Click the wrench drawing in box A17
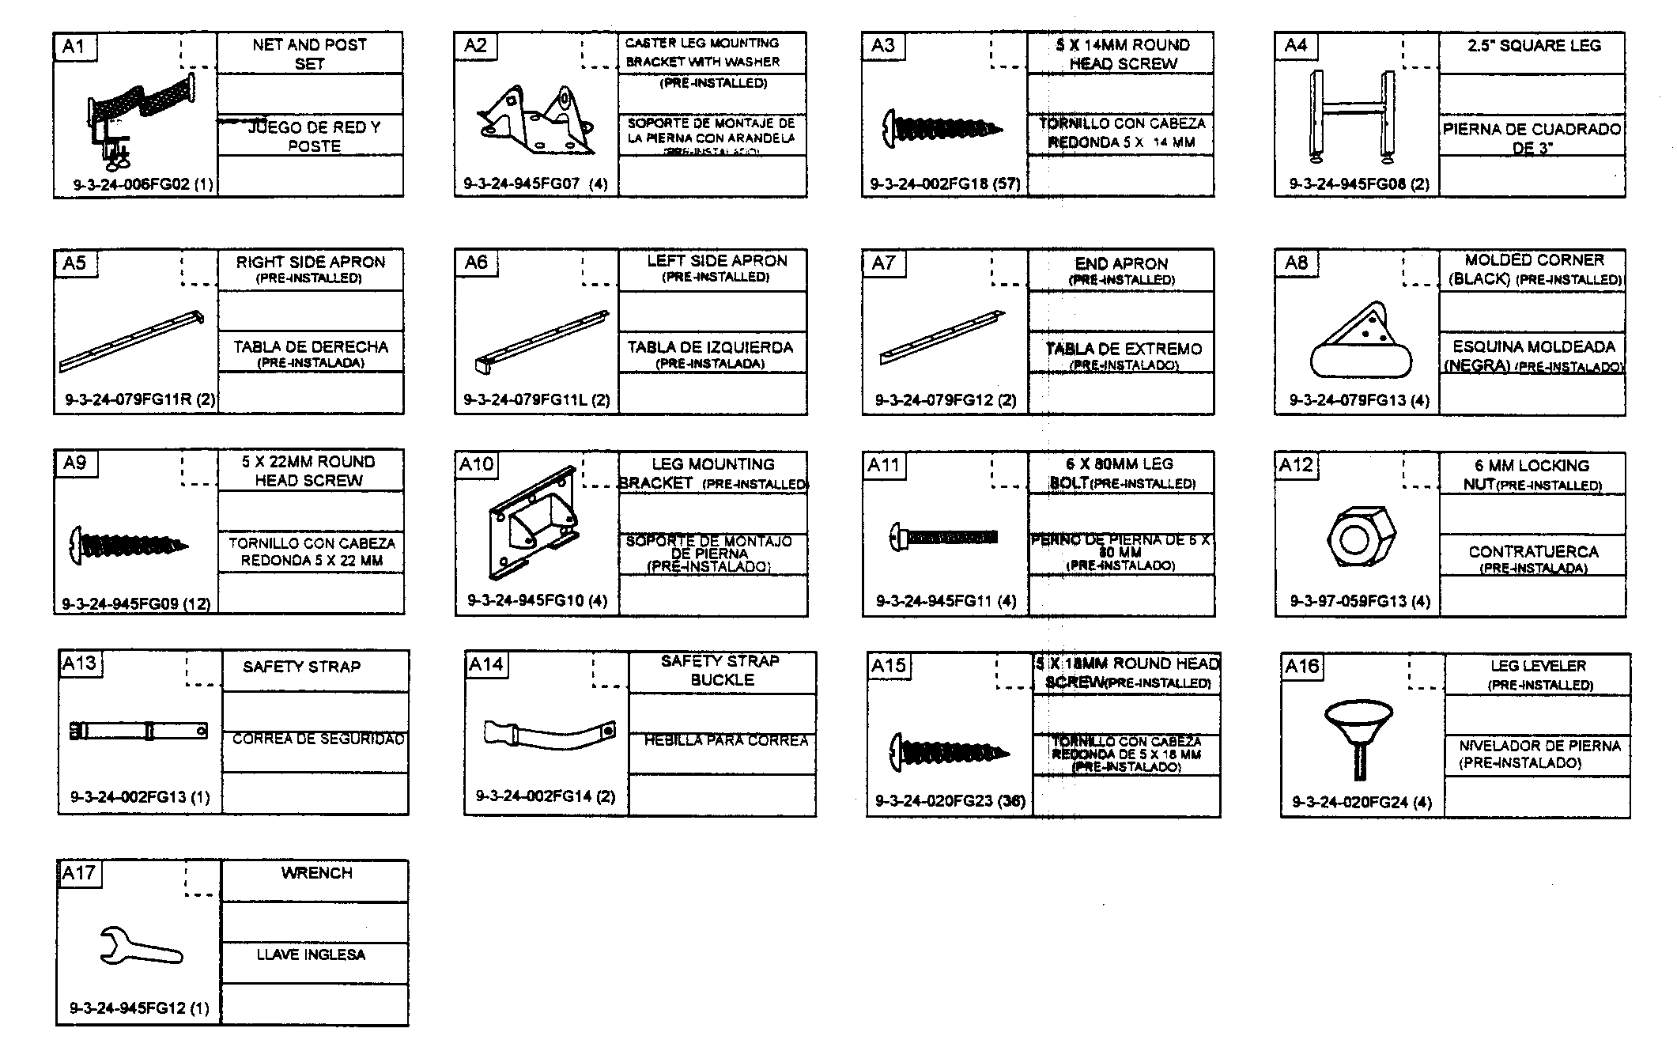139,946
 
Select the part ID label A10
476,464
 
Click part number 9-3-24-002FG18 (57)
945,184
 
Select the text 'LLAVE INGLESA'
311,955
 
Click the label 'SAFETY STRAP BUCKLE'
720,670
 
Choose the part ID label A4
1296,45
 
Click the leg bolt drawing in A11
943,538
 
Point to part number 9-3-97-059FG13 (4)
1360,601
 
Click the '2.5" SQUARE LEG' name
1534,46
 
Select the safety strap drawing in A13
138,731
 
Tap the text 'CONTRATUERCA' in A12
1533,552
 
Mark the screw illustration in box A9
128,544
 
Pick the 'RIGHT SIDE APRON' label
310,262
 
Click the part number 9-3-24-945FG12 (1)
139,1008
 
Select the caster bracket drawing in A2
536,122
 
